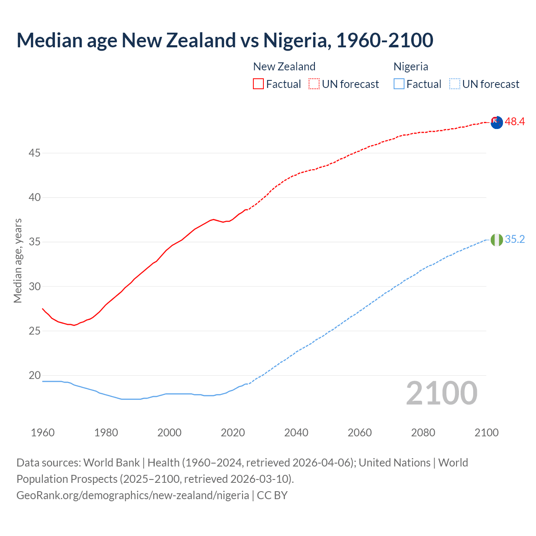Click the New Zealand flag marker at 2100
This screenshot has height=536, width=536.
[x=497, y=123]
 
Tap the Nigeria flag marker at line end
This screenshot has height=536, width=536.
[x=497, y=240]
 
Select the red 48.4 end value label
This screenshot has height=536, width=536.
[x=515, y=122]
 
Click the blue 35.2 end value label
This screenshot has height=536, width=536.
[x=515, y=239]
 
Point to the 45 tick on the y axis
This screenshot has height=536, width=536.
[x=34, y=153]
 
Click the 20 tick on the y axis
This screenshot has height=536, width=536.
[x=34, y=376]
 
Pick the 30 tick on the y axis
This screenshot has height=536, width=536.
[x=34, y=287]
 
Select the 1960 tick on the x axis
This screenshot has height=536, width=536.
[x=43, y=433]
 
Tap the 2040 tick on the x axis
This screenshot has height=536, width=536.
[x=296, y=433]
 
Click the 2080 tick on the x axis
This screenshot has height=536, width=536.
[x=423, y=433]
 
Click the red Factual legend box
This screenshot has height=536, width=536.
[x=258, y=84]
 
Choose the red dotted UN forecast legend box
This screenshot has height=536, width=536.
[x=314, y=84]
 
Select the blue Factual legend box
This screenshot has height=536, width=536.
[x=399, y=84]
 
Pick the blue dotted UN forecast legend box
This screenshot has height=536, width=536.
[x=455, y=84]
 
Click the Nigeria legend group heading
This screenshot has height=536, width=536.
[x=411, y=67]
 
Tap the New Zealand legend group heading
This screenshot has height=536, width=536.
[x=284, y=67]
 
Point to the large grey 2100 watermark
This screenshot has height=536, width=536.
[x=442, y=393]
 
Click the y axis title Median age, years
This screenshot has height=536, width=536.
[x=18, y=260]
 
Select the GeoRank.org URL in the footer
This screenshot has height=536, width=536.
[x=133, y=495]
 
